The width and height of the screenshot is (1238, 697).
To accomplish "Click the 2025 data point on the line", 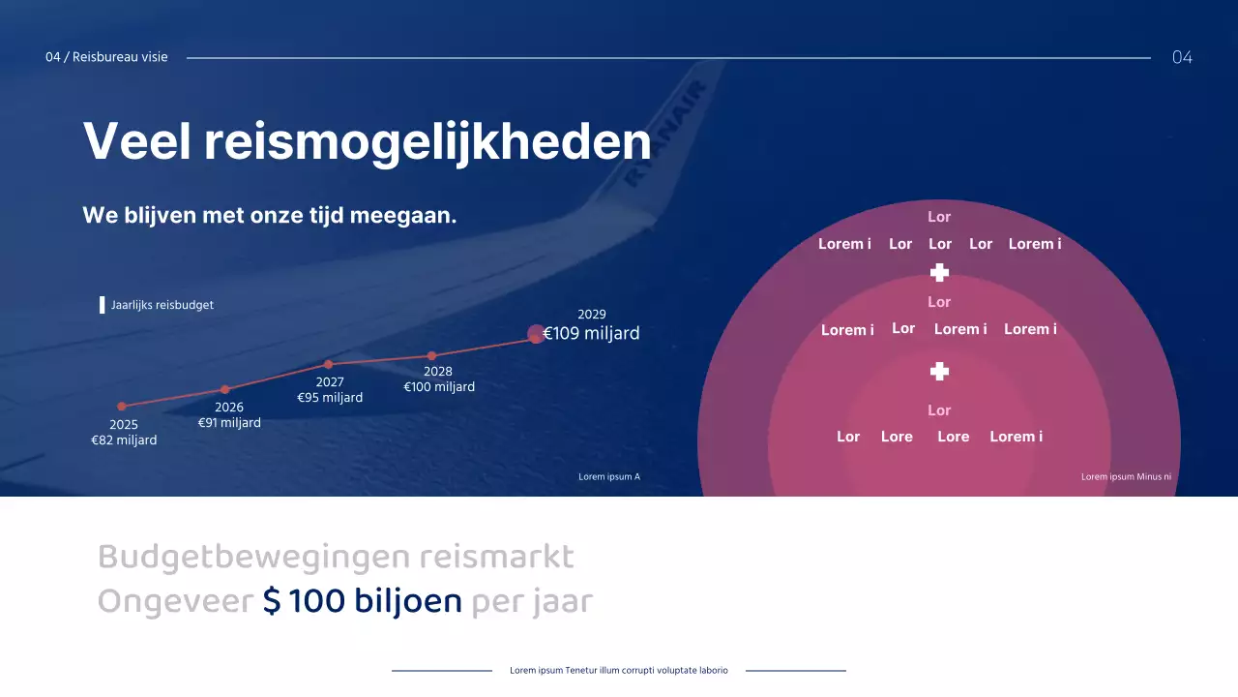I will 122,407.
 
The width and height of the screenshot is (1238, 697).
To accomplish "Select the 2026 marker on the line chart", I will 225,389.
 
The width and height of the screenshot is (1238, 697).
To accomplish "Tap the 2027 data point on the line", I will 329,364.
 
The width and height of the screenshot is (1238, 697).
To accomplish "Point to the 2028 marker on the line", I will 431,356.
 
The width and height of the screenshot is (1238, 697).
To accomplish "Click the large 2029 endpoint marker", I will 536,334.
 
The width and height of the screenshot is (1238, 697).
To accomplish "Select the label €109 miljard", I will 591,334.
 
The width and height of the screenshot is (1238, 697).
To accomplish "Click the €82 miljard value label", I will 124,440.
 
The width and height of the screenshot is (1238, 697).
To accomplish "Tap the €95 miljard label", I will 330,398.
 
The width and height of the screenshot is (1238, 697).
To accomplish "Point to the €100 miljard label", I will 439,387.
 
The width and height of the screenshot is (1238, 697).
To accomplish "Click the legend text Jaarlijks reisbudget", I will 162,305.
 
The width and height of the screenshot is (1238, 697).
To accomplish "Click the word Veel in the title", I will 136,141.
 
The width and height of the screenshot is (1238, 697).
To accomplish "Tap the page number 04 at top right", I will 1182,57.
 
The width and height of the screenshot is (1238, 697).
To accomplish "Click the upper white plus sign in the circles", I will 939,273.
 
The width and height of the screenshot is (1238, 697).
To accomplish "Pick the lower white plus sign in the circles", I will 939,372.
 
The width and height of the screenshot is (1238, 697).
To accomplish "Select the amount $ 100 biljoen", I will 363,601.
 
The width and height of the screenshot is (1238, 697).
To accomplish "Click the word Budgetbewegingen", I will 254,557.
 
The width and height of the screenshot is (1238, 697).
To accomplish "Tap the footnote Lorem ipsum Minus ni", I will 1126,476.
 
